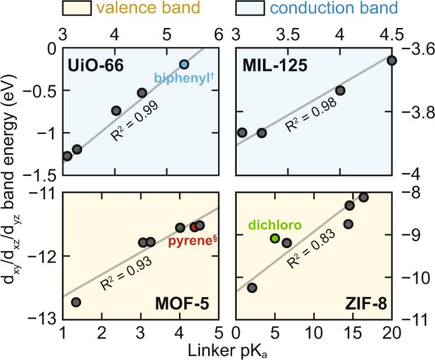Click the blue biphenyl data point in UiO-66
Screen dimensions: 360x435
(x=184, y=65)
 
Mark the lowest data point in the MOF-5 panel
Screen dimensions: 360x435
(x=76, y=302)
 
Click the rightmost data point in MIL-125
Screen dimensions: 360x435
(x=391, y=61)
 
